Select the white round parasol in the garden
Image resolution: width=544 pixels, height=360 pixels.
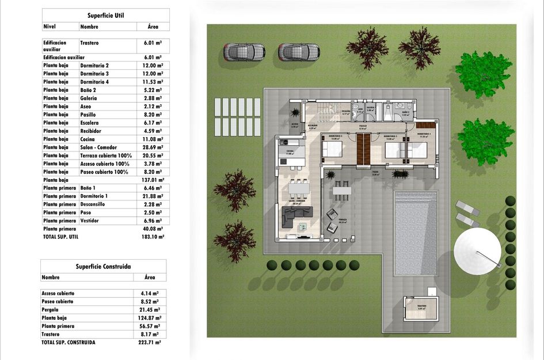point(477,252)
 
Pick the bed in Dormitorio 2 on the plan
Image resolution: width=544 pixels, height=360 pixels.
point(333,150)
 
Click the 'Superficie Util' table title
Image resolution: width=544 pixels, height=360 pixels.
point(105,16)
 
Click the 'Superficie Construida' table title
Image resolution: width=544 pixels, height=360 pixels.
point(103,267)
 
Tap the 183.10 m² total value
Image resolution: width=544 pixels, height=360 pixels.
point(153,237)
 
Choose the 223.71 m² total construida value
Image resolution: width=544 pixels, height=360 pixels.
point(150,342)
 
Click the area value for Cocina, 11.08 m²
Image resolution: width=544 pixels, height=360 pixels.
point(153,139)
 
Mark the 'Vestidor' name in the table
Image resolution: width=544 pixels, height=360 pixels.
point(92,221)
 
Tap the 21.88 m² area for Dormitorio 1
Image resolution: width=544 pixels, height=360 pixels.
point(153,196)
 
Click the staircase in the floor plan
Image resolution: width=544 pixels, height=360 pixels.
point(328,111)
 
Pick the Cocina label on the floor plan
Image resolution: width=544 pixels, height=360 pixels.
point(290,151)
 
